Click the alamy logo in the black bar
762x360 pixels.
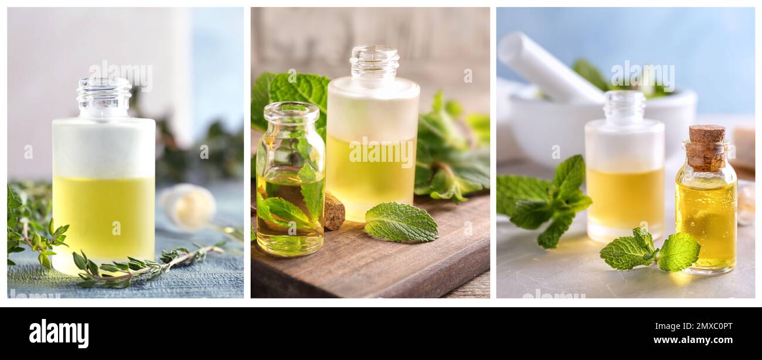tap(59, 333)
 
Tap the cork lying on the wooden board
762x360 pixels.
tap(334, 211)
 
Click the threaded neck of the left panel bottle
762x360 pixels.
tap(104, 97)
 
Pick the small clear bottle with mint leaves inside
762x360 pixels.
tap(290, 182)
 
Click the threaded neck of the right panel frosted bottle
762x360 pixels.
tap(624, 106)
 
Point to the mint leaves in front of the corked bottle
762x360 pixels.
tap(651, 251)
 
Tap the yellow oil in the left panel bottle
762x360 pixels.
tap(104, 217)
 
